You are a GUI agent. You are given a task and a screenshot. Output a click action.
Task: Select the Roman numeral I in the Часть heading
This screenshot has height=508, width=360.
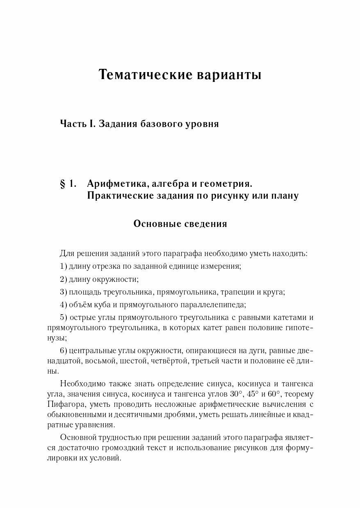tap(93, 124)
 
